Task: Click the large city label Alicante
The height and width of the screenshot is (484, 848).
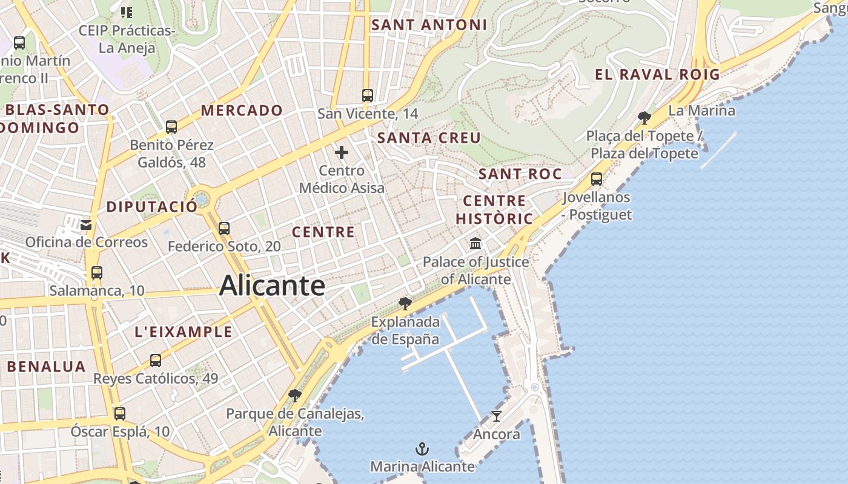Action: [x=272, y=286]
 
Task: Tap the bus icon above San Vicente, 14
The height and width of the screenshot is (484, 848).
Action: [x=368, y=95]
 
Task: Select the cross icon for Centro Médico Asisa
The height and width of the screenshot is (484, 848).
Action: [x=342, y=152]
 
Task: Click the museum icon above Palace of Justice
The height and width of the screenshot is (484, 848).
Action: [x=475, y=244]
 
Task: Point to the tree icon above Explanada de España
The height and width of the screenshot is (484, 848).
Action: [x=405, y=303]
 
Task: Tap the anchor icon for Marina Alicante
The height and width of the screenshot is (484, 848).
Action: [x=422, y=449]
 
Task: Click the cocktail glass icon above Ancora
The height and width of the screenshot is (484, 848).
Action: [x=497, y=416]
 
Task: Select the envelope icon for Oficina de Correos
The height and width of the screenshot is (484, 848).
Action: [x=86, y=224]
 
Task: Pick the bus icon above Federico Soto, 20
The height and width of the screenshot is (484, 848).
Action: [x=224, y=228]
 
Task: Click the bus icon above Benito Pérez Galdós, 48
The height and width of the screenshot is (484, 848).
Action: [x=171, y=127]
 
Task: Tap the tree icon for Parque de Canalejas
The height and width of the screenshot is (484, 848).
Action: [x=295, y=396]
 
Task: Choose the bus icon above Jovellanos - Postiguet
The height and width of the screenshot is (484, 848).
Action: [x=597, y=179]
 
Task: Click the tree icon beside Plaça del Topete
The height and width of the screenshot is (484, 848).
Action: [x=644, y=117]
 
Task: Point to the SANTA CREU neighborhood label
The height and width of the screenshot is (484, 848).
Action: [x=429, y=138]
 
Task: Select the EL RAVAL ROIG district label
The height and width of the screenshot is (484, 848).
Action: [x=657, y=75]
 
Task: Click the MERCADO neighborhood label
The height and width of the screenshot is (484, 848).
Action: [x=242, y=111]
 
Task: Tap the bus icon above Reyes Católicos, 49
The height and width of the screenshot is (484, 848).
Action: [x=156, y=361]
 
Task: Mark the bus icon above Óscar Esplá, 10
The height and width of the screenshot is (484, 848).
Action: [x=120, y=414]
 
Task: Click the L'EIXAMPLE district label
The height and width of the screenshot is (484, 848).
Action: [x=183, y=332]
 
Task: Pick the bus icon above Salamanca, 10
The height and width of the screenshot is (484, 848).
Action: [x=97, y=273]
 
